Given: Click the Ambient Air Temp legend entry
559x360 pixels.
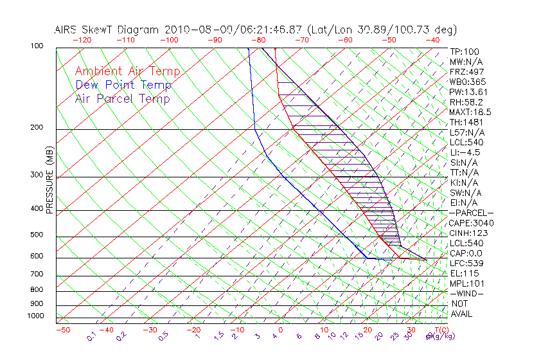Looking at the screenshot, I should (x=127, y=71).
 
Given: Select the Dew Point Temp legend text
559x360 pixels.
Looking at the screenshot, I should (x=123, y=85).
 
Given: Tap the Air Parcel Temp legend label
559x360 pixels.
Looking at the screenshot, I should (x=122, y=98).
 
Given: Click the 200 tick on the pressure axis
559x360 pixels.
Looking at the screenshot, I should (x=37, y=128).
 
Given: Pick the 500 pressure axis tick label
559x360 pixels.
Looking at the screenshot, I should (x=37, y=235).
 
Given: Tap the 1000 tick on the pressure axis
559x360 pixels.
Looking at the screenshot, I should (x=35, y=316).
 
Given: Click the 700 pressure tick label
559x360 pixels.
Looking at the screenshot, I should (x=37, y=275).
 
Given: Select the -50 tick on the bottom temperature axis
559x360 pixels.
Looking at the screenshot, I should (x=62, y=330).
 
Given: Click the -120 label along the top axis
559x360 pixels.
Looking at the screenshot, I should (x=82, y=39).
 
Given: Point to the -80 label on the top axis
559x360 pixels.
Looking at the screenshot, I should (x=258, y=39).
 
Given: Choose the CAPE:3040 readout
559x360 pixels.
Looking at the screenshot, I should (x=472, y=223).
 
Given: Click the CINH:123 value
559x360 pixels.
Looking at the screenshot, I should (x=470, y=233).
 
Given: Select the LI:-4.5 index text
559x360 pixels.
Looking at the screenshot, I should (x=465, y=152).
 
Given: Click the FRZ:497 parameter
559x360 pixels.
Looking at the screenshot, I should (x=467, y=71).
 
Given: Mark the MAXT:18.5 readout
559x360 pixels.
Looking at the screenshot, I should (x=470, y=112).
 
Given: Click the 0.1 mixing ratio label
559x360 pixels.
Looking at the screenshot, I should (x=91, y=336).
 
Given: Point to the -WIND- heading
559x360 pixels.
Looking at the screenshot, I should (x=466, y=293).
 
